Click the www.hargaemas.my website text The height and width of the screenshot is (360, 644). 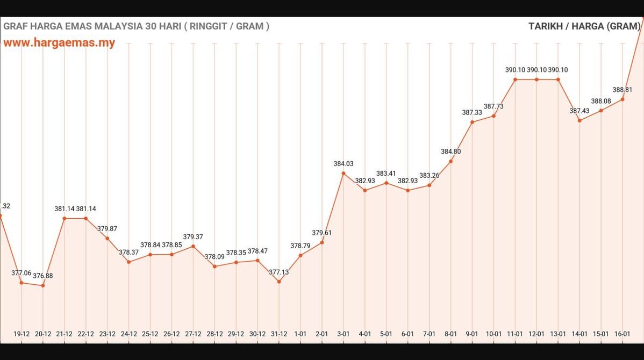click(59, 43)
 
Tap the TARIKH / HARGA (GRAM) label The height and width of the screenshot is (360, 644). click(584, 26)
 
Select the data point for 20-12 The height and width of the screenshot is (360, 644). click(43, 285)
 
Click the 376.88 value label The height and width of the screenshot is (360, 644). click(43, 276)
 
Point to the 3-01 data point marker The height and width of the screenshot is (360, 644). click(344, 173)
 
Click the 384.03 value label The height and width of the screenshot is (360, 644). click(344, 164)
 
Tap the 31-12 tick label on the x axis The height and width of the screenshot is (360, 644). click(279, 334)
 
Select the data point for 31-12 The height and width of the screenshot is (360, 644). click(279, 282)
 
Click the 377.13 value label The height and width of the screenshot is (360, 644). click(279, 272)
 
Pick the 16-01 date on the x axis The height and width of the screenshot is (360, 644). click(622, 334)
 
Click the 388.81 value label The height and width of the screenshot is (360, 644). click(622, 90)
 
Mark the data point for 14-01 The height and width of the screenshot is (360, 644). click(579, 120)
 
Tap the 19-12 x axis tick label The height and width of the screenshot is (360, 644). click(22, 334)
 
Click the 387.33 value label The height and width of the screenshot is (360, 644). click(472, 113)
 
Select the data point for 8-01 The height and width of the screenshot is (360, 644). click(450, 161)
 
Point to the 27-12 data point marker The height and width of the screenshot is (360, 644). click(193, 246)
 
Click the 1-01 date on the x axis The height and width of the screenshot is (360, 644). click(300, 334)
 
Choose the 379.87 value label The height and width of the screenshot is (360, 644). click(107, 229)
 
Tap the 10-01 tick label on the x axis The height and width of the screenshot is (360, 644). click(493, 334)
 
